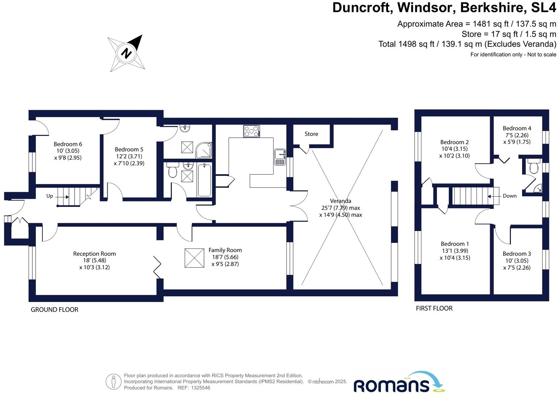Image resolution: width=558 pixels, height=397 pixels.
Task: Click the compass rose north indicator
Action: click(126, 53)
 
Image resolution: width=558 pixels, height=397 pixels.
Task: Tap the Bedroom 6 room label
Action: click(68, 144)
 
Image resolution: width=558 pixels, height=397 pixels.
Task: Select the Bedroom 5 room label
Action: click(129, 149)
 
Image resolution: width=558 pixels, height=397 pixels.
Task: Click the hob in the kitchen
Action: click(251, 131)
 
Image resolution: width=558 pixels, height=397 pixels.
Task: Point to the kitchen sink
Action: click(280, 156)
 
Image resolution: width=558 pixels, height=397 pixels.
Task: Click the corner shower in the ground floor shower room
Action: click(204, 150)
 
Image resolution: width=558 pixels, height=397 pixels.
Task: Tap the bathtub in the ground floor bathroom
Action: click(204, 180)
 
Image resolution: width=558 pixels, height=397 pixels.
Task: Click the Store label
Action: click(311, 134)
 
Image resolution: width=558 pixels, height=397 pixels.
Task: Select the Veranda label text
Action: click(341, 201)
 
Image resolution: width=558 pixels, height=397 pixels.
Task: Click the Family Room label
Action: click(225, 250)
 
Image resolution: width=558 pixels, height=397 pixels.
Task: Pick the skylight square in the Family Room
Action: click(194, 258)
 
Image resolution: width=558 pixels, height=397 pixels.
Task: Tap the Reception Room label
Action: click(95, 254)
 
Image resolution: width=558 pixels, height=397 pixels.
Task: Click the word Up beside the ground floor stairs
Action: click(50, 196)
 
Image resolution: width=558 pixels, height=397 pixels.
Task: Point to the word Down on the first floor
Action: click(509, 196)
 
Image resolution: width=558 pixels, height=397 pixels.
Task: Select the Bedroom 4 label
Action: click(517, 128)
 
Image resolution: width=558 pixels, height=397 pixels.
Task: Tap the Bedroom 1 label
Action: click(455, 244)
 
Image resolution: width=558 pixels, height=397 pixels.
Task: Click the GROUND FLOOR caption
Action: click(54, 310)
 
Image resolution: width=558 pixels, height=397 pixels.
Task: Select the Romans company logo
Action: click(399, 383)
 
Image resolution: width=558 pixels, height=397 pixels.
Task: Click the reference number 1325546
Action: click(200, 388)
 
